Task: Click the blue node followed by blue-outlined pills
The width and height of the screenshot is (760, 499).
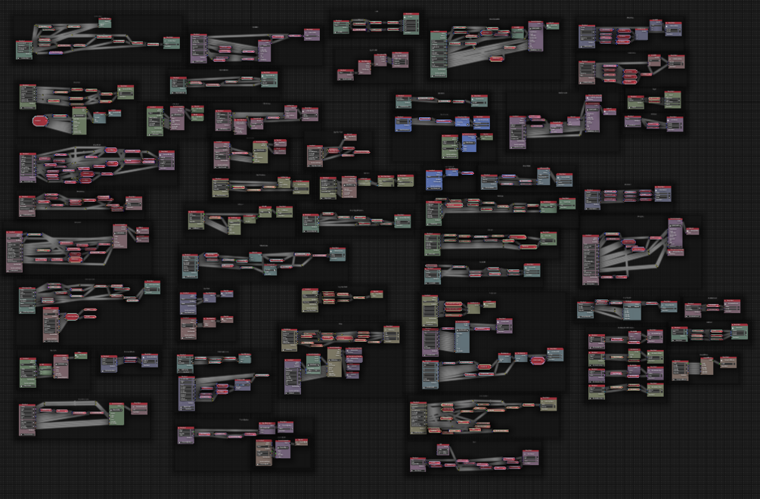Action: (x=403, y=122)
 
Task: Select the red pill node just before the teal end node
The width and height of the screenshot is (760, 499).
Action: (x=537, y=361)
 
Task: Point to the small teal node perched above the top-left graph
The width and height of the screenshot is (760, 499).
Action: (x=104, y=22)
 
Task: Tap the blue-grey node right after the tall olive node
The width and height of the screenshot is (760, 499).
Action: (x=99, y=117)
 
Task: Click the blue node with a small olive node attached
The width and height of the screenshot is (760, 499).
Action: (x=469, y=142)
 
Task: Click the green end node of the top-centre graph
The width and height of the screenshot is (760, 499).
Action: (x=411, y=26)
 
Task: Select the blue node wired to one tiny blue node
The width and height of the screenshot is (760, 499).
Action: (x=433, y=179)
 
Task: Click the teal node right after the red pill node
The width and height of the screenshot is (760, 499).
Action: (x=556, y=355)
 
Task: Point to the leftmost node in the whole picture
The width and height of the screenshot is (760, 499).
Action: (x=14, y=251)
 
